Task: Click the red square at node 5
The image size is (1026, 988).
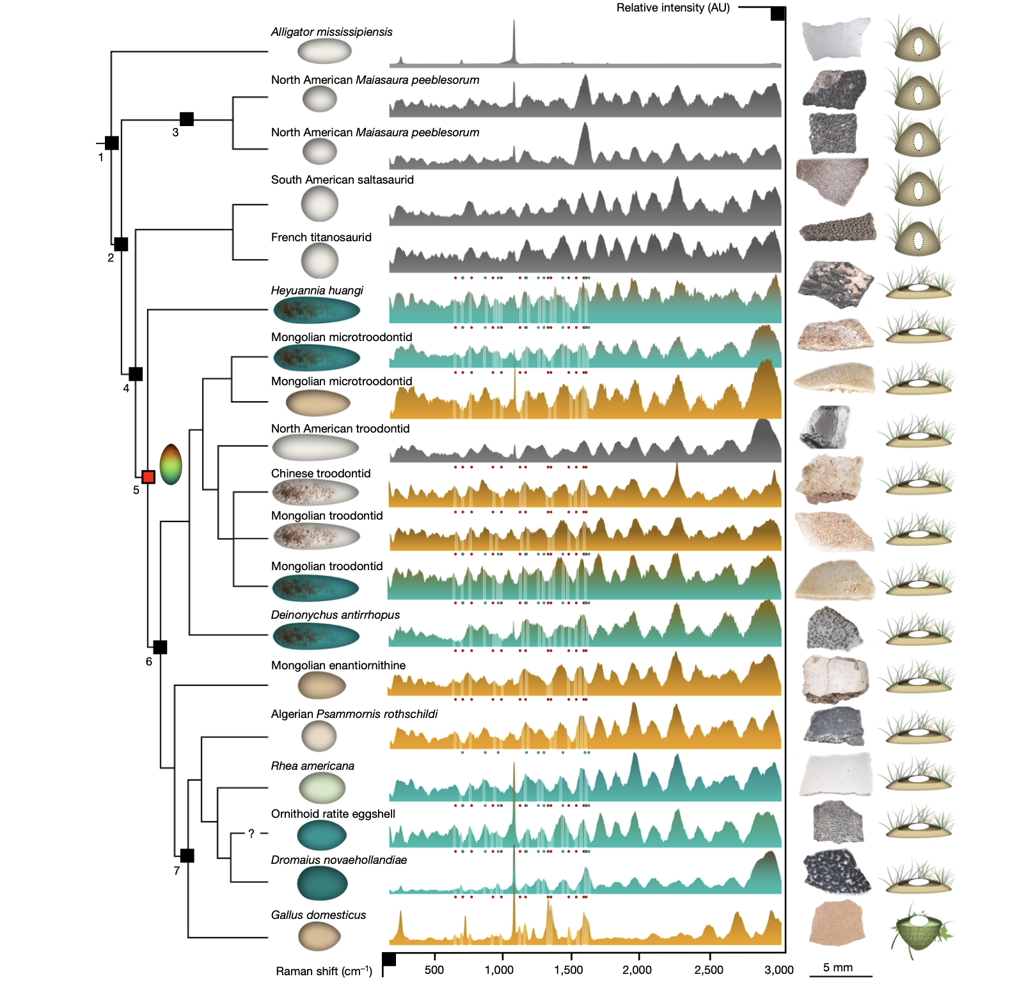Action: click(148, 477)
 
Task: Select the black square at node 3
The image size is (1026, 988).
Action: click(187, 119)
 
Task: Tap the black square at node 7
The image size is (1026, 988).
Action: click(187, 856)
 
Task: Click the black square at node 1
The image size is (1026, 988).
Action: click(112, 143)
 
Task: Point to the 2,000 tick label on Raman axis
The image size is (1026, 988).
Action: click(637, 970)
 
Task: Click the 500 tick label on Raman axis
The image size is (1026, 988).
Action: click(434, 970)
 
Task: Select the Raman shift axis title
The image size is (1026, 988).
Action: click(324, 971)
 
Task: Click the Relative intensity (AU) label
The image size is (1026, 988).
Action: click(673, 8)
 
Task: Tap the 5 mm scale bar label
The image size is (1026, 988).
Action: click(838, 968)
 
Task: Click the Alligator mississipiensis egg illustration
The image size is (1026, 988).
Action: click(325, 51)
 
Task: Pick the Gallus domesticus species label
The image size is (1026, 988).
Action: click(319, 915)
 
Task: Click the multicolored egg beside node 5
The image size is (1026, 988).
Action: click(171, 464)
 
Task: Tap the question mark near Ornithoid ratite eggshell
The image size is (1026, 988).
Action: click(251, 833)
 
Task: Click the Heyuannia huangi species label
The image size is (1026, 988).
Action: click(317, 291)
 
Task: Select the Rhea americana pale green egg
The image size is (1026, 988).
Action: click(322, 788)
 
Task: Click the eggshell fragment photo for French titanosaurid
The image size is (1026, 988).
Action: click(837, 228)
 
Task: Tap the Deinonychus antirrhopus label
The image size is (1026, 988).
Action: click(335, 615)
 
